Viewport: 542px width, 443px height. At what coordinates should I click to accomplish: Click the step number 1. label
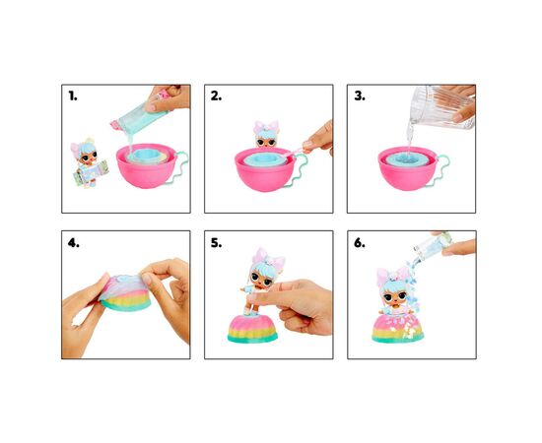73,96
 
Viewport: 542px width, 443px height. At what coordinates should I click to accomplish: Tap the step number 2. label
216,96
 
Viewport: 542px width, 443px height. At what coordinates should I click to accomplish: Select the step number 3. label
360,96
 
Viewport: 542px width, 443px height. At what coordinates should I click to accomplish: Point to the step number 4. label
73,243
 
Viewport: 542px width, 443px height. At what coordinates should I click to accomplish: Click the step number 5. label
216,243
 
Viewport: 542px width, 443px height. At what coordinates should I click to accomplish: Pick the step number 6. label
360,243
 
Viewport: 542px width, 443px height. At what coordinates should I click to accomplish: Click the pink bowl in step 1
147,166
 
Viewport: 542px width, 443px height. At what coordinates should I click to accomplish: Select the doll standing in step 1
88,163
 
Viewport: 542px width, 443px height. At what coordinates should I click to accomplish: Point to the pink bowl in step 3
408,169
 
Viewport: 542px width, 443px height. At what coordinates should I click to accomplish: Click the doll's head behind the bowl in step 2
266,135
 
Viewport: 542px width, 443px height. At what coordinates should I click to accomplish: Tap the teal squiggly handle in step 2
300,170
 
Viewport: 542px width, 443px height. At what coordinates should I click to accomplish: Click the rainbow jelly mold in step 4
126,292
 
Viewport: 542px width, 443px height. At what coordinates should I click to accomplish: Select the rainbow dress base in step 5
252,328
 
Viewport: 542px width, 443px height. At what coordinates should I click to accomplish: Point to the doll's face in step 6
391,297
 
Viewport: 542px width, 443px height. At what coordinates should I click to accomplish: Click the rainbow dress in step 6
397,328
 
